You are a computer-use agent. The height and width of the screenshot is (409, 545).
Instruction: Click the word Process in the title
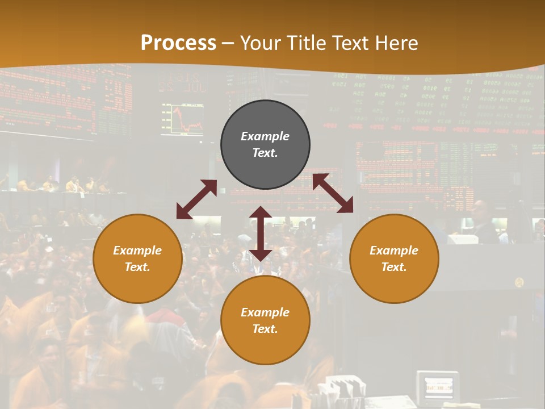(x=178, y=43)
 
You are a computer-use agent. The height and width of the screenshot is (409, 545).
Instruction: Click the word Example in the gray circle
(x=265, y=136)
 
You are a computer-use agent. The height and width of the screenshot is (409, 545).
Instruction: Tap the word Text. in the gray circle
(x=265, y=153)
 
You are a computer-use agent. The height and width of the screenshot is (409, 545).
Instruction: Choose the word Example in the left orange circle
(x=137, y=251)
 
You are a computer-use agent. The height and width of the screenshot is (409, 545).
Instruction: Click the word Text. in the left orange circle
(x=137, y=267)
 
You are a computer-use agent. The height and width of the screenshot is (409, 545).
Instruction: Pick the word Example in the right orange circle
(x=394, y=251)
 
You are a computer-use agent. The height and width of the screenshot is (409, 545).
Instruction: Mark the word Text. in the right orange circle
(x=394, y=267)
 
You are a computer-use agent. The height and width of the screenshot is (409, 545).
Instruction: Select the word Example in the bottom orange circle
(x=265, y=312)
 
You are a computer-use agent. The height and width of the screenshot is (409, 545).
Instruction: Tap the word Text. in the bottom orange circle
(x=265, y=329)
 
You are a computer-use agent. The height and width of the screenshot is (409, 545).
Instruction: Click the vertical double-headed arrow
(x=261, y=233)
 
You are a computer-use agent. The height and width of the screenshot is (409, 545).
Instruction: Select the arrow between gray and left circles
(x=196, y=199)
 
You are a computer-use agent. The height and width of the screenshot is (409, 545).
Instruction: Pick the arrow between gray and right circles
(x=333, y=193)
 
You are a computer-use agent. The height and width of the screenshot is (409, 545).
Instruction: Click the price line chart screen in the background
(x=182, y=119)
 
